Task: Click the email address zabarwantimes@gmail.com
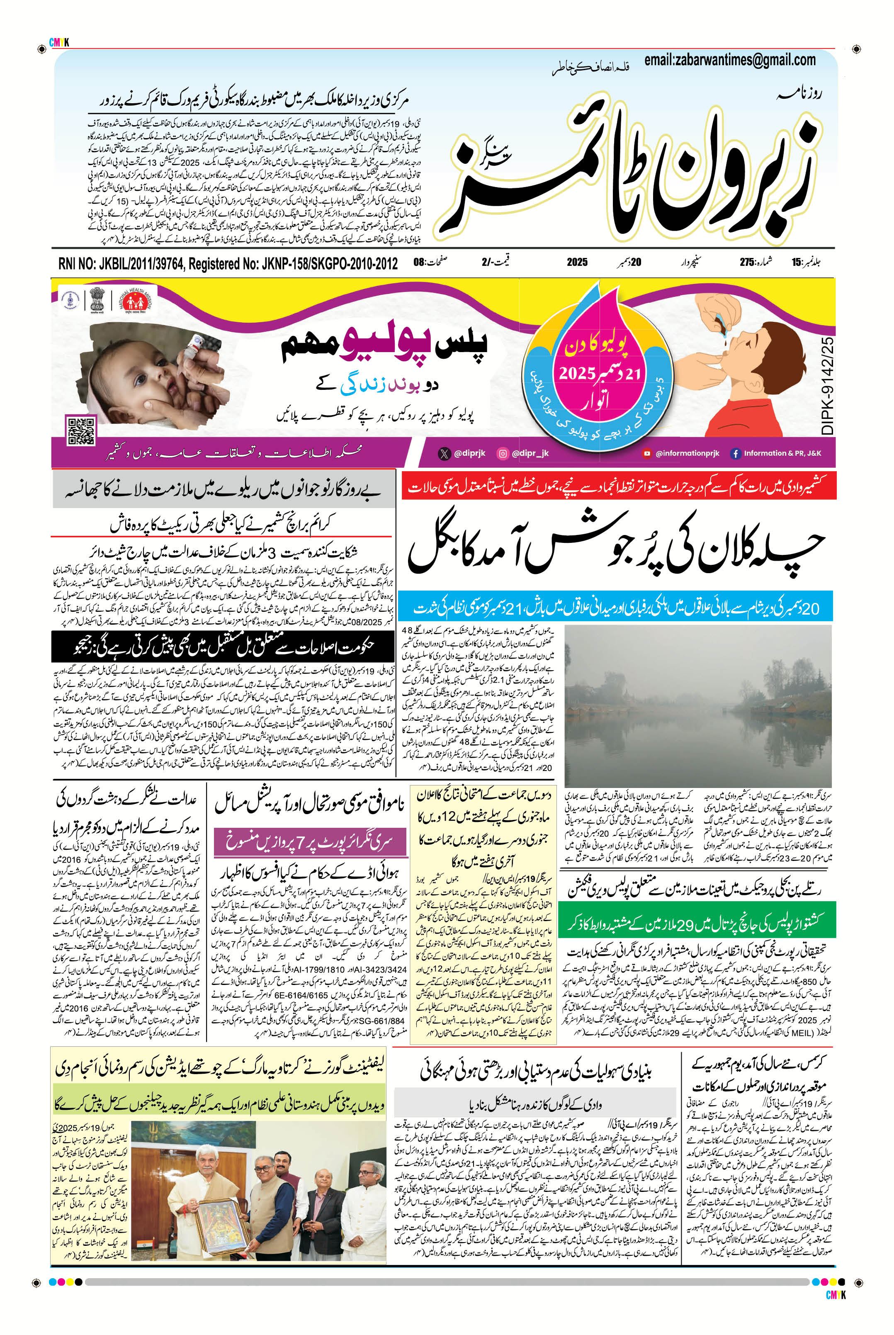[730, 60]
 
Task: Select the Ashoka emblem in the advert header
[97, 299]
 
